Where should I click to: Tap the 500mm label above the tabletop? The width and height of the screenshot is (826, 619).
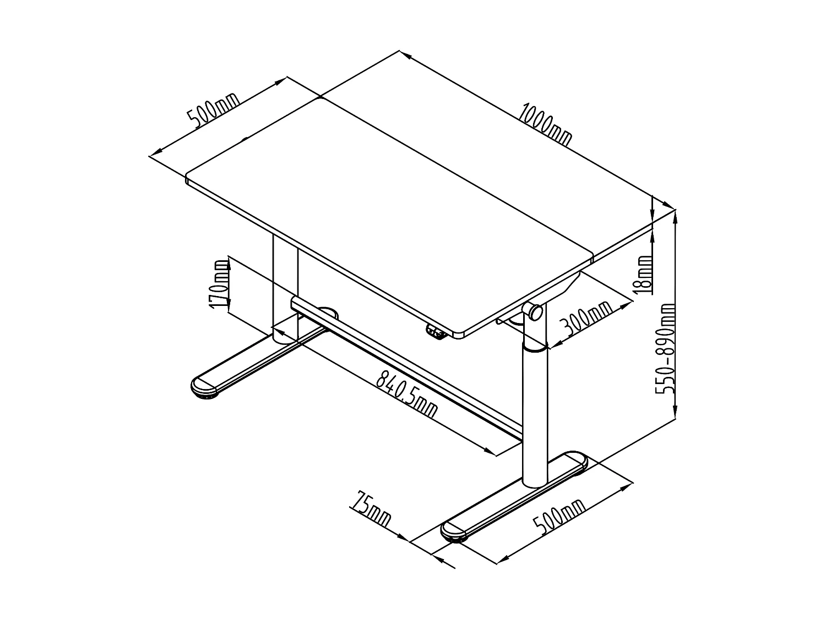click(214, 112)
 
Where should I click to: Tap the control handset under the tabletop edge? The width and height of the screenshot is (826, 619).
click(436, 332)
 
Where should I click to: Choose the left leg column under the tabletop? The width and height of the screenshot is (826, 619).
click(285, 286)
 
